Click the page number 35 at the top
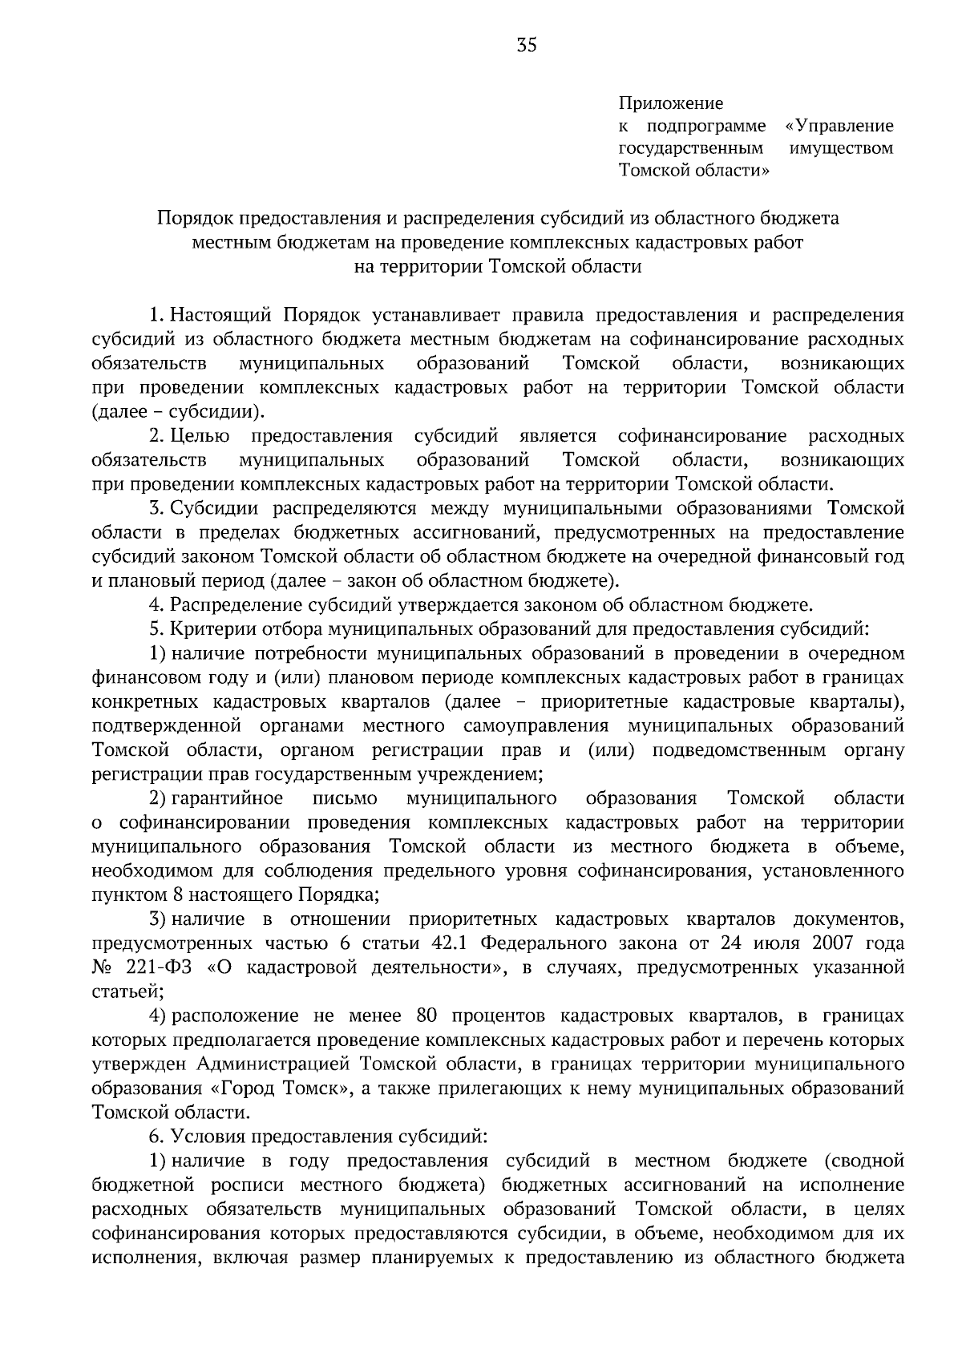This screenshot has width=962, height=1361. click(x=527, y=46)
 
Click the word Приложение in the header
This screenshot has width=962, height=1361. click(x=670, y=103)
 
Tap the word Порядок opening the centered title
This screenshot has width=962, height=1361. click(x=192, y=218)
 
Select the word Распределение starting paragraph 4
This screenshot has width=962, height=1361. click(x=233, y=605)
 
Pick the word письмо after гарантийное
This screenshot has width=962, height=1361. click(x=345, y=798)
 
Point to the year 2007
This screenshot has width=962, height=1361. click(x=838, y=943)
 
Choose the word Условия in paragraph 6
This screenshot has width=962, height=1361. click(x=208, y=1137)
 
